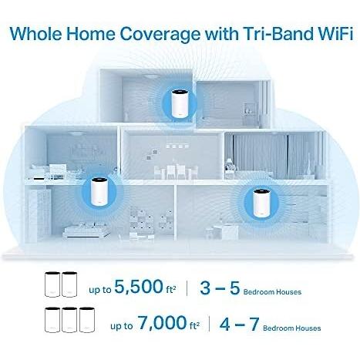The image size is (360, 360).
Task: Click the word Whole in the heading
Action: tap(35, 33)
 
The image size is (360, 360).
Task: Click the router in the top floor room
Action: tap(179, 103)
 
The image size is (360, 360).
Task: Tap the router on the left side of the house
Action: tap(99, 192)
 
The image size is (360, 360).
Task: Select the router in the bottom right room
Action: tap(261, 203)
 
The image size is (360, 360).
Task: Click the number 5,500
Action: tap(139, 286)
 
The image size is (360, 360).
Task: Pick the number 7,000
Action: tap(163, 323)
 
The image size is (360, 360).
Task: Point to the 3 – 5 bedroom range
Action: tap(220, 288)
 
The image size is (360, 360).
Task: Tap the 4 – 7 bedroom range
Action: tap(239, 324)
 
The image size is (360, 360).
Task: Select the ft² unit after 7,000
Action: tap(194, 326)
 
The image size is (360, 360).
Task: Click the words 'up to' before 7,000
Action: tap(122, 326)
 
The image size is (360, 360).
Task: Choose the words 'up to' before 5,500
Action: tap(100, 290)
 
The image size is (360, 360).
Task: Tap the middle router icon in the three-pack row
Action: tap(69, 319)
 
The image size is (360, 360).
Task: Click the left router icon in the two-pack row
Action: tap(52, 284)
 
